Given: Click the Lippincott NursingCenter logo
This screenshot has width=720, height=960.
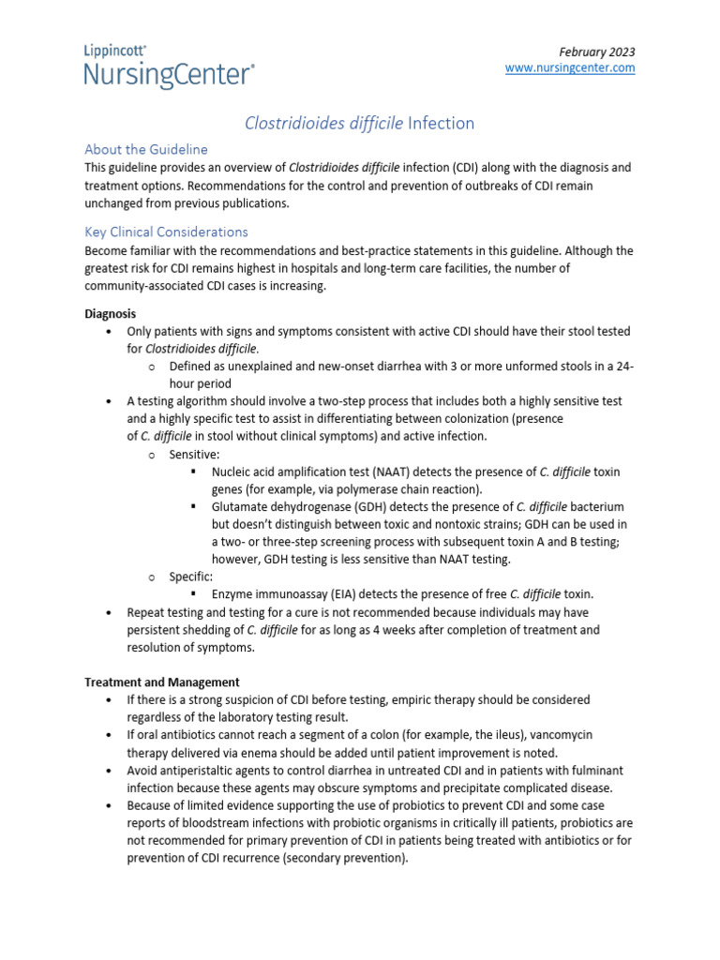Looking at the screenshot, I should pyautogui.click(x=169, y=67).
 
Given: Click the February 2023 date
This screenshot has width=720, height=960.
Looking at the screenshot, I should pyautogui.click(x=596, y=52).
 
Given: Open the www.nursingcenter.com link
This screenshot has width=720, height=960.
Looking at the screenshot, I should pyautogui.click(x=570, y=68).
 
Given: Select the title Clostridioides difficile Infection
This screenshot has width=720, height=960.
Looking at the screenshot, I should pyautogui.click(x=359, y=123).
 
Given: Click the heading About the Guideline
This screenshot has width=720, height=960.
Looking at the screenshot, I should pyautogui.click(x=146, y=149).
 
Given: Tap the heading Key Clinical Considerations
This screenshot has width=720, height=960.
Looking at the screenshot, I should pyautogui.click(x=166, y=232).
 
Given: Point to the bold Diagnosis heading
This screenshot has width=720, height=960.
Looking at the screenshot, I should pyautogui.click(x=111, y=313).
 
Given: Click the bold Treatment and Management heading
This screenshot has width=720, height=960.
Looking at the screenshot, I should pyautogui.click(x=162, y=682).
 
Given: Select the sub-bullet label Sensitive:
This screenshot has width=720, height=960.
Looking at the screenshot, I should pyautogui.click(x=194, y=454).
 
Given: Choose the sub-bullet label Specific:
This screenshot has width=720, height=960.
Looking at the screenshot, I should pyautogui.click(x=191, y=576).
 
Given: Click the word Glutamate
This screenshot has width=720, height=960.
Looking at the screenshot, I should pyautogui.click(x=241, y=506).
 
